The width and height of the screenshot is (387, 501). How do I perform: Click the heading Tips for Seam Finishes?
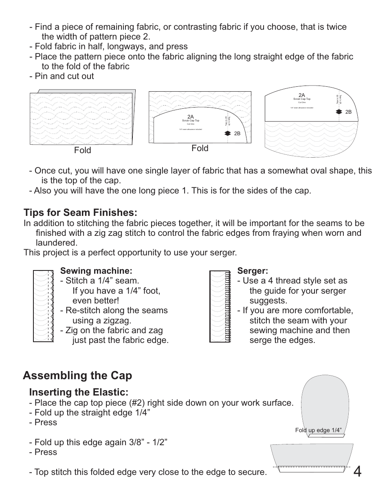click(80, 213)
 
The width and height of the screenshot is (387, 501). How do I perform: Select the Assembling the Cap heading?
click(77, 375)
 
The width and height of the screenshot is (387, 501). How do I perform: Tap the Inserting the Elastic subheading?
click(79, 392)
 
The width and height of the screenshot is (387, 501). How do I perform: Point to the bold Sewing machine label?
click(96, 271)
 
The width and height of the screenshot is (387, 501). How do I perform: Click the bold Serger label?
click(253, 271)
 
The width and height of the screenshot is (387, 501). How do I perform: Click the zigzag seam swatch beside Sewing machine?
click(43, 305)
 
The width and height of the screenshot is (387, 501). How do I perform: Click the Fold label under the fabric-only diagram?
click(83, 150)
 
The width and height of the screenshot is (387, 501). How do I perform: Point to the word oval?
click(327, 171)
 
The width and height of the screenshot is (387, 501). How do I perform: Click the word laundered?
click(57, 243)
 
